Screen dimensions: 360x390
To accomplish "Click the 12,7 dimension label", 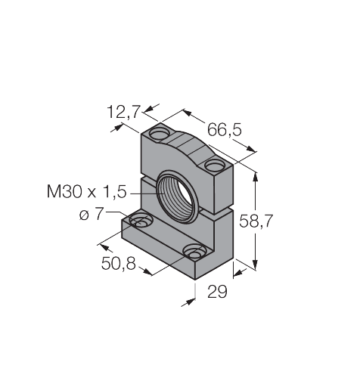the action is tap(123, 112).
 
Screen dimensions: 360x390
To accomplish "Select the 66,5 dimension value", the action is tap(225, 130).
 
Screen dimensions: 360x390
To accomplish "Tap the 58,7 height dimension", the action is tap(256, 221).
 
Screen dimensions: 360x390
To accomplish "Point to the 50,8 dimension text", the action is tap(119, 264).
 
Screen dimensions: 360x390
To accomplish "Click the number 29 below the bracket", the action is tap(217, 292).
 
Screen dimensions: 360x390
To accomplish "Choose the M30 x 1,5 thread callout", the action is tap(86, 191).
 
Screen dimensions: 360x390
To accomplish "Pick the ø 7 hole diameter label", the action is tap(92, 215).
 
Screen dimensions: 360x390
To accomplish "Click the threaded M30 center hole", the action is tap(176, 197).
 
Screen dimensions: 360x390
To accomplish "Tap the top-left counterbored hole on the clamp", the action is tap(160, 134).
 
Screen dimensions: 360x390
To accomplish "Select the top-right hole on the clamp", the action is tap(215, 166).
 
